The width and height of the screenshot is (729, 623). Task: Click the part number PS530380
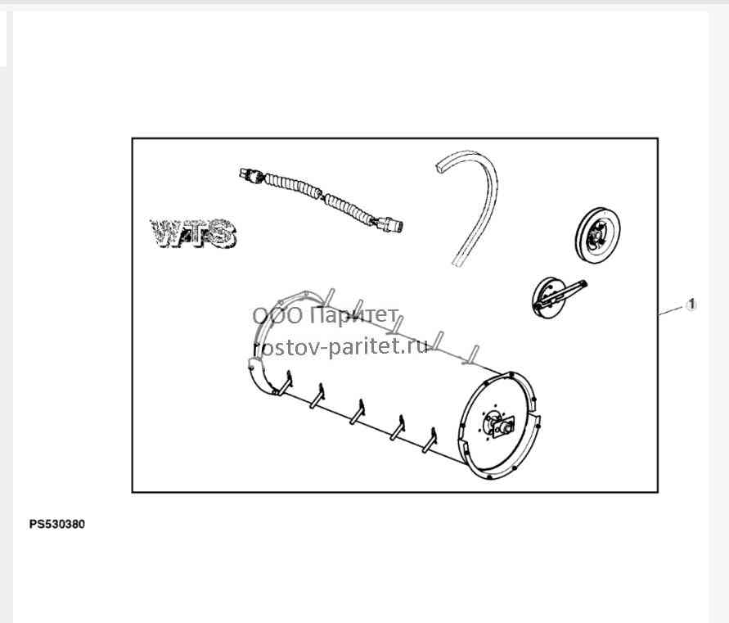click(57, 525)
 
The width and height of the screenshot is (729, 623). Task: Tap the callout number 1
click(691, 305)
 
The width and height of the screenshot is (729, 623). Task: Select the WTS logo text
click(193, 233)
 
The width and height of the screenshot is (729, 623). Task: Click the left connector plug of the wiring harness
click(250, 175)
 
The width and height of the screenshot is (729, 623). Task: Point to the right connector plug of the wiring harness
click(389, 225)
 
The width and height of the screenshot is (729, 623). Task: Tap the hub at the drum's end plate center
click(498, 423)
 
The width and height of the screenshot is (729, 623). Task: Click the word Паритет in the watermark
click(353, 316)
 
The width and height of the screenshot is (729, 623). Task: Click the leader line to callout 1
click(672, 310)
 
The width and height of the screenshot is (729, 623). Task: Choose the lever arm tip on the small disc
click(583, 283)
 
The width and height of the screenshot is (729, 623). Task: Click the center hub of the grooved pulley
click(596, 235)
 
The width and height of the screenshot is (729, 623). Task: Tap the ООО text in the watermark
click(277, 316)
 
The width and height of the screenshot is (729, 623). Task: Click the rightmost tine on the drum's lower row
click(430, 440)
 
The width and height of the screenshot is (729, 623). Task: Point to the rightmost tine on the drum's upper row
click(472, 353)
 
